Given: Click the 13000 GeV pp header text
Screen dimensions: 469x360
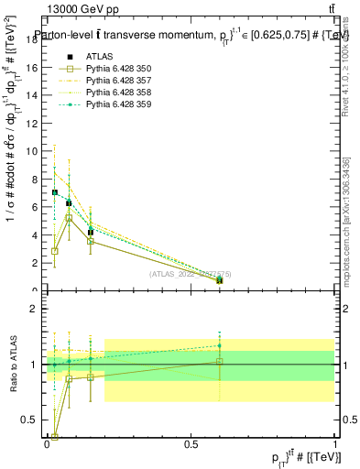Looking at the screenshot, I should tap(82, 9).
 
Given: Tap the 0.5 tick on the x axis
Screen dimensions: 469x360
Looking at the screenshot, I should tap(191, 442).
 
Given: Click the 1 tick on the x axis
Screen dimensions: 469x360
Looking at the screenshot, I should tap(334, 442).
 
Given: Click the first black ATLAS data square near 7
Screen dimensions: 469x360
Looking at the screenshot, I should tap(55, 192).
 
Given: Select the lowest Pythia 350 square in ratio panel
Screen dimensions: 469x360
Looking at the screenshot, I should tap(55, 437).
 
